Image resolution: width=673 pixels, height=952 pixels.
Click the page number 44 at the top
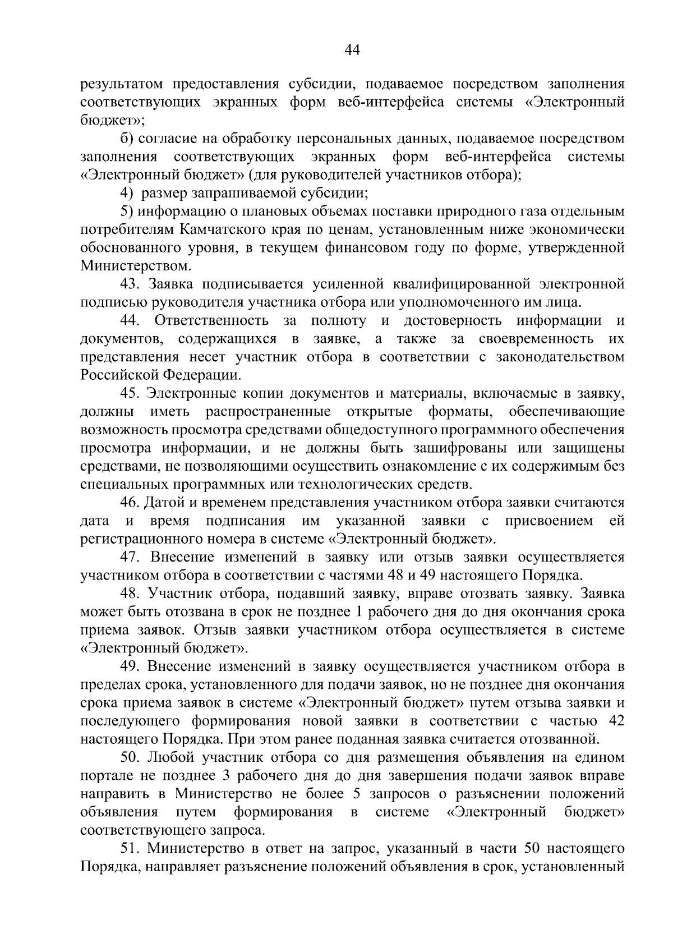pos(352,50)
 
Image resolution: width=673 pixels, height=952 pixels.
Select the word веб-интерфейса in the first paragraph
pos(401,103)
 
